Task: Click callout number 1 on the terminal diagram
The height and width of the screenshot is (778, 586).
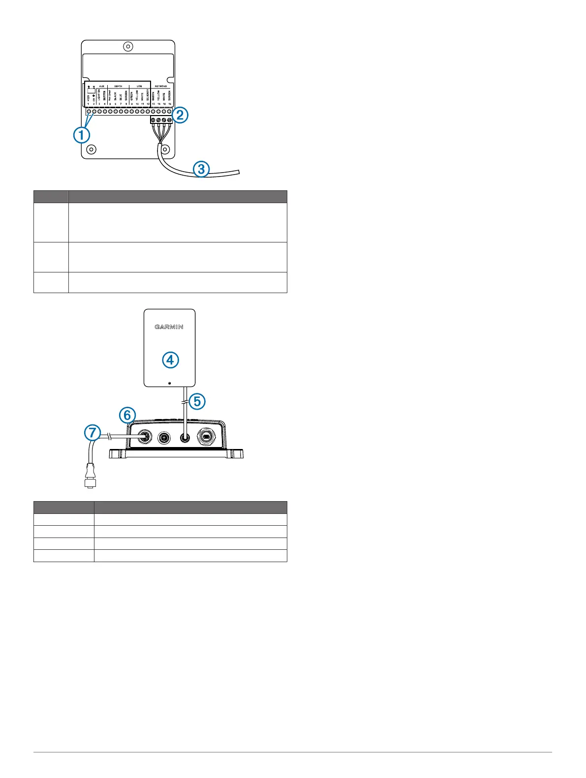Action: (x=82, y=135)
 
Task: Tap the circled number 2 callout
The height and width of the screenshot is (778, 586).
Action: (x=180, y=115)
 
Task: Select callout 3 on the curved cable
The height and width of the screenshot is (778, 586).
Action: (x=201, y=169)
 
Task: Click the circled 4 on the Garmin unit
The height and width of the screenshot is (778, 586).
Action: (x=170, y=360)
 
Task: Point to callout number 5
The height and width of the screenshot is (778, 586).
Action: (x=197, y=401)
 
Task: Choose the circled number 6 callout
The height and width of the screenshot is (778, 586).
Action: (x=127, y=416)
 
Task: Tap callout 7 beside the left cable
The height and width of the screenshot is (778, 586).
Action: (x=92, y=433)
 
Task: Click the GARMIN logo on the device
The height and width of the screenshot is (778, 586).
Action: (x=169, y=327)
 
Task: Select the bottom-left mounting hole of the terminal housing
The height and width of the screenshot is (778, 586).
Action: (x=91, y=149)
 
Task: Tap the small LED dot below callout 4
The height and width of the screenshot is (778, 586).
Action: (x=169, y=382)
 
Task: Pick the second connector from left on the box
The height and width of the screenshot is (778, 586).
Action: (x=163, y=436)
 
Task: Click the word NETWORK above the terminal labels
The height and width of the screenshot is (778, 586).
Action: (x=161, y=86)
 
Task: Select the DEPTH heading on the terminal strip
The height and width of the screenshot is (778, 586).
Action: (x=118, y=86)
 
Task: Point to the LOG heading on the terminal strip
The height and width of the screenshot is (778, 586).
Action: (x=139, y=86)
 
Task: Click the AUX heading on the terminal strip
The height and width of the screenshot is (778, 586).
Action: (x=102, y=86)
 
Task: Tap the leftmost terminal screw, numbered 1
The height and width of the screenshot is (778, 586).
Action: (x=89, y=112)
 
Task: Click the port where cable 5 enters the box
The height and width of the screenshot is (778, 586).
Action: (x=185, y=436)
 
